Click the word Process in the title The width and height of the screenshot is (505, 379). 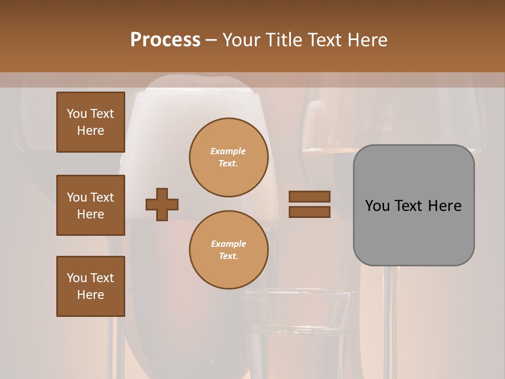tap(165, 40)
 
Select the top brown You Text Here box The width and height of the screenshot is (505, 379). tap(90, 122)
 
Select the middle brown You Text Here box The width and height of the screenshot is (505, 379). tap(90, 205)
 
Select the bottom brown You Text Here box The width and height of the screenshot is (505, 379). tap(90, 286)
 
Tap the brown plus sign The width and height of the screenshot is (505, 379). tap(162, 204)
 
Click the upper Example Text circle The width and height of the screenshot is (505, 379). tap(229, 157)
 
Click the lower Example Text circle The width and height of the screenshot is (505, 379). tap(229, 250)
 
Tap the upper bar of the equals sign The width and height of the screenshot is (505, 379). tap(309, 196)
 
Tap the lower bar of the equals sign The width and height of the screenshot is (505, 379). tap(309, 212)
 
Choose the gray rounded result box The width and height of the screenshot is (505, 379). tap(413, 205)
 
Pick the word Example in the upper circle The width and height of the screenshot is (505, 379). tap(228, 151)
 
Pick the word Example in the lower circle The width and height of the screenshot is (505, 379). tap(228, 244)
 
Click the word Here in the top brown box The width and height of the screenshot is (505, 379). tap(90, 131)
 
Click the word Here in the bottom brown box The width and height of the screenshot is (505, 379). tap(90, 295)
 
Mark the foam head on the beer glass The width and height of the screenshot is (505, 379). tap(195, 105)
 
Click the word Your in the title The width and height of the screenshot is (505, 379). tap(241, 40)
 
